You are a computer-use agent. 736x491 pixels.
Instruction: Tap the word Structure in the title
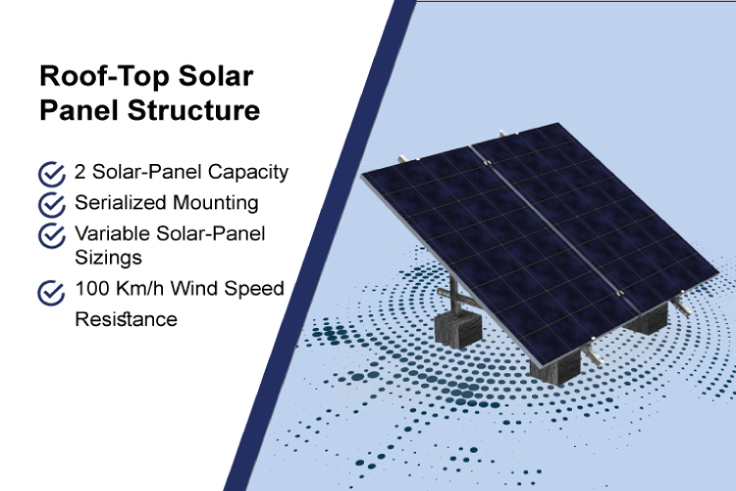coord(193,110)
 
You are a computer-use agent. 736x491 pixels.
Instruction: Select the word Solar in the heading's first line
coord(216,76)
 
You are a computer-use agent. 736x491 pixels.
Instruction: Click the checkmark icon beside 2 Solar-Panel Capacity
coord(52,175)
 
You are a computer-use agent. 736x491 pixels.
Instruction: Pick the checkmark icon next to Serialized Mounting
coord(52,205)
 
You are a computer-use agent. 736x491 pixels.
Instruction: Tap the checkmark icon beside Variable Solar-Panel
coord(52,236)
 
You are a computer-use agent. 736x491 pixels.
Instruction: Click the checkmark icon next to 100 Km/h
coord(51,293)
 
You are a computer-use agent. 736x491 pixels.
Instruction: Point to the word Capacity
coord(248,173)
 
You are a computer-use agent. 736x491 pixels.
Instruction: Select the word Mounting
coord(216,203)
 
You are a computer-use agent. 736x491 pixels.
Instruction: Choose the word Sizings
coord(108,258)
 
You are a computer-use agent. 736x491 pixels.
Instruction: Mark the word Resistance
coord(127,319)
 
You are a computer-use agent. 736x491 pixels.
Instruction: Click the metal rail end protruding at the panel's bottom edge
coord(593,355)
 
